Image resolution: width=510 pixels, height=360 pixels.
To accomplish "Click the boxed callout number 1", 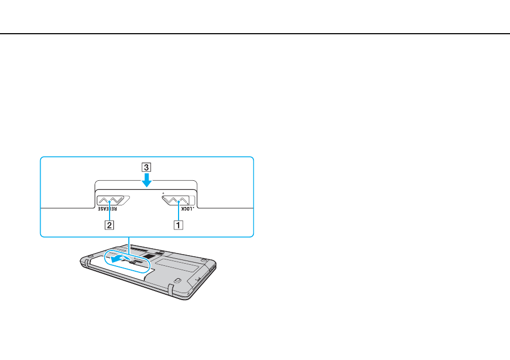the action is pos(178,225).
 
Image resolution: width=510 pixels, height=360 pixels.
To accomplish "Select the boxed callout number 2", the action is pos(109,225).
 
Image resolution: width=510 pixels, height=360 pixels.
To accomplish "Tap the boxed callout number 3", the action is pos(146,167).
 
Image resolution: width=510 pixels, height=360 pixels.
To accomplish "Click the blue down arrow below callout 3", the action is pos(146,180).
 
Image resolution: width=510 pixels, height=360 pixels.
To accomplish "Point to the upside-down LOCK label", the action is pos(187,209).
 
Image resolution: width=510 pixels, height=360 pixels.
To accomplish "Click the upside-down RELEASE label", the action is pos(107,209).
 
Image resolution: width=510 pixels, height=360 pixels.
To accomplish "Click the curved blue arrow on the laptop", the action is pos(121,259).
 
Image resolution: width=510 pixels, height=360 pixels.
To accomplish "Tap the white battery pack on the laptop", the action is pos(120,269).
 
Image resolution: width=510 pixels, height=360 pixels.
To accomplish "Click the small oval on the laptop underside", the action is pos(177,280).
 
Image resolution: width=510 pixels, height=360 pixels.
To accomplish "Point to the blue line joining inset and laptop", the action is pos(129,246).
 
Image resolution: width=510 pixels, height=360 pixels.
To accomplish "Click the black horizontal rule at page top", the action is pos(255,34).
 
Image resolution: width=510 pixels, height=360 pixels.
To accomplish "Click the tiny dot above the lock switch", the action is pos(163,193).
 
